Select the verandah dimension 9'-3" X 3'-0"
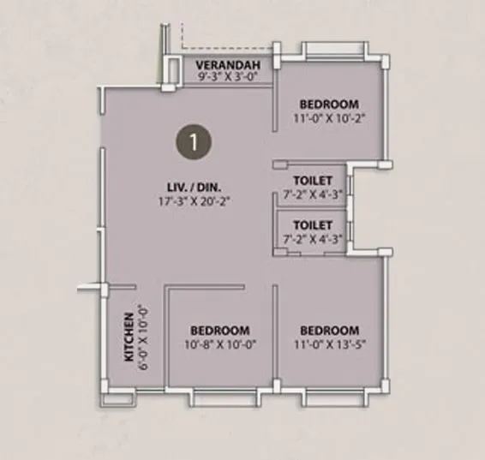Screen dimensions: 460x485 [x=223, y=77]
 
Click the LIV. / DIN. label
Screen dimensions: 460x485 [x=195, y=187]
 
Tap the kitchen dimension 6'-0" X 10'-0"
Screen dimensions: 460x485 [x=144, y=338]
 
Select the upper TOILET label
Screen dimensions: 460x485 [x=312, y=182]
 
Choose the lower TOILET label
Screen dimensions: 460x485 [x=312, y=227]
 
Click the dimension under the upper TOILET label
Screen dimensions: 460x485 [x=312, y=194]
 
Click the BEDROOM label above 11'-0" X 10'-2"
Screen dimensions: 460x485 [x=329, y=105]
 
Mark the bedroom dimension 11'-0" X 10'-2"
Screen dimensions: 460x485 [x=329, y=118]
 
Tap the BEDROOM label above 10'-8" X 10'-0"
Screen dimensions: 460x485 [x=220, y=331]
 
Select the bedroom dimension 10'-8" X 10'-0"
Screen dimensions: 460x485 [x=220, y=344]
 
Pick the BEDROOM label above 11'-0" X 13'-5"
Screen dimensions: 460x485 [x=329, y=331]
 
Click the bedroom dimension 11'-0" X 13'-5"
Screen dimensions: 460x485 [x=329, y=344]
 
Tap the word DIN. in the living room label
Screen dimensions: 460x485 [x=212, y=187]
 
